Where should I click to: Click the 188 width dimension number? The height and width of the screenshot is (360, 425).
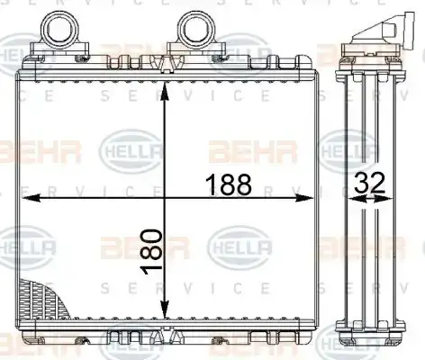(229, 184)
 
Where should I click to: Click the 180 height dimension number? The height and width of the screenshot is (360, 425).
(151, 252)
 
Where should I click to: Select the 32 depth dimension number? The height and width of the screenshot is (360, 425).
(368, 183)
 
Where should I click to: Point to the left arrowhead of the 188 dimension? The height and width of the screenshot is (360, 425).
(31, 198)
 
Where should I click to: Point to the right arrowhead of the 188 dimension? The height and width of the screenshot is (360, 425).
(303, 198)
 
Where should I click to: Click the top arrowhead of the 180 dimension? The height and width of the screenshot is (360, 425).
(164, 92)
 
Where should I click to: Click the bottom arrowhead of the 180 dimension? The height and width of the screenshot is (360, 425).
(164, 309)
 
